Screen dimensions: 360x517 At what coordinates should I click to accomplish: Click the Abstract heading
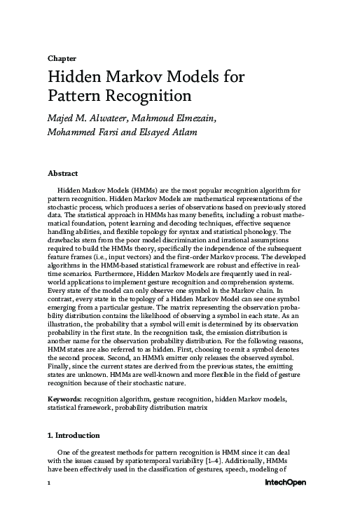(x=62, y=173)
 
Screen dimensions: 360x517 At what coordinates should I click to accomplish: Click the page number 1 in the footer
(x=48, y=483)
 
